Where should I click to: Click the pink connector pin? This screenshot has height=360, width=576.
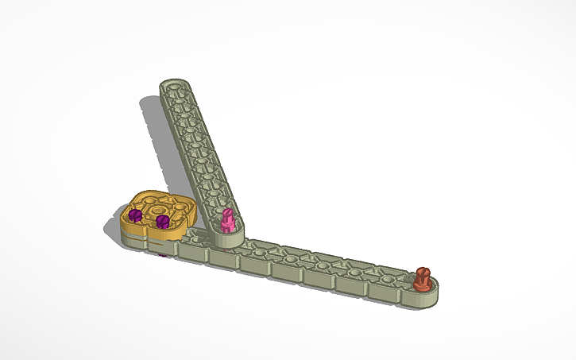[x=227, y=220]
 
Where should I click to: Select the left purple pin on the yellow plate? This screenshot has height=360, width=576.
[x=135, y=215]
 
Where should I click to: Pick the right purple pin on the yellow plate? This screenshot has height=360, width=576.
[x=162, y=221]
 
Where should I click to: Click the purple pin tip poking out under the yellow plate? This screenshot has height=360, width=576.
[x=163, y=255]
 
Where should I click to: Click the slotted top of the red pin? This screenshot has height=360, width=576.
[x=422, y=273]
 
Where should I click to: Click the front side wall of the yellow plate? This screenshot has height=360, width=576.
[x=147, y=239]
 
